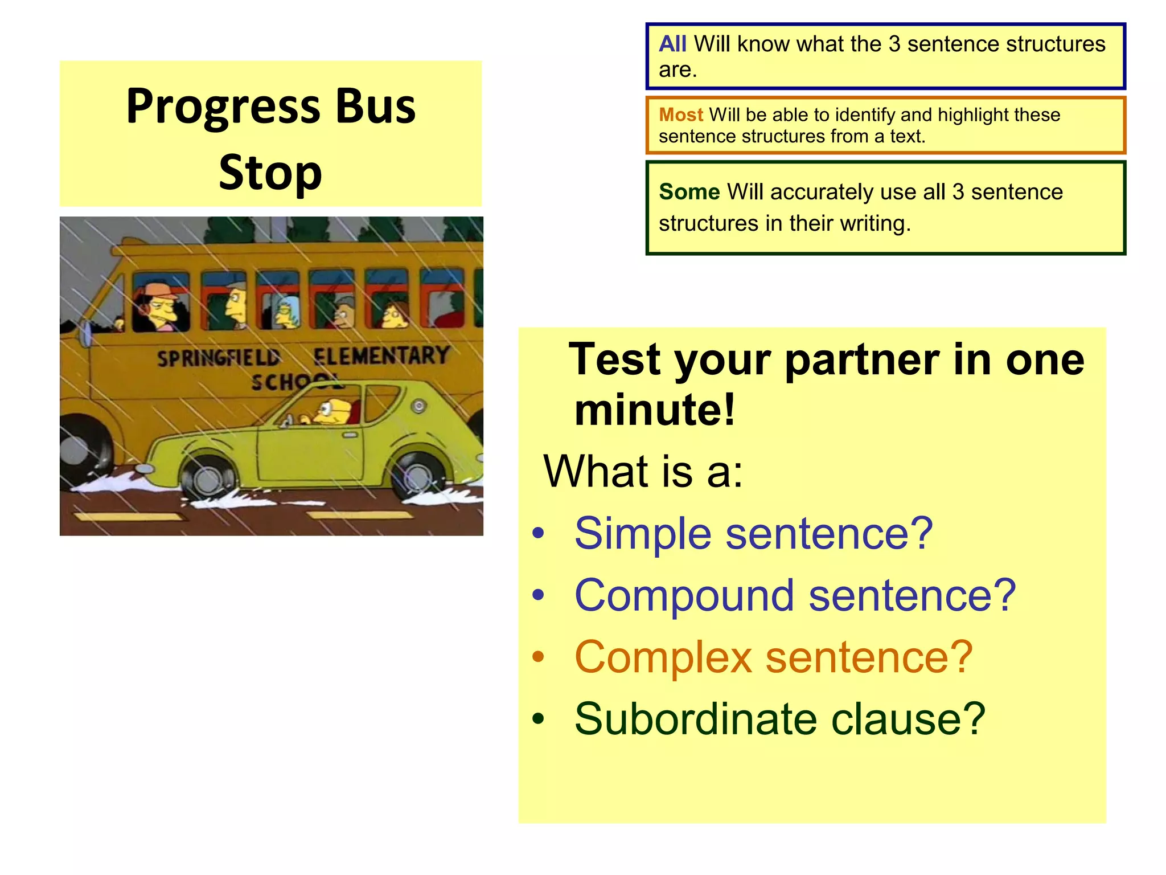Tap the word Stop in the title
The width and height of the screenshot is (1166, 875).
click(x=270, y=173)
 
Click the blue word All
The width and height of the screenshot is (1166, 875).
click(x=672, y=44)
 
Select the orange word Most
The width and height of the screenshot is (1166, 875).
click(x=681, y=115)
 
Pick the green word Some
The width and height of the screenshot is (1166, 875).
click(x=689, y=192)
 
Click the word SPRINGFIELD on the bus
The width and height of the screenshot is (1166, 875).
click(x=219, y=358)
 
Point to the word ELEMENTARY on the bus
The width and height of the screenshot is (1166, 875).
click(x=381, y=356)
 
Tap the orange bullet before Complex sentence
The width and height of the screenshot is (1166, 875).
click(x=538, y=657)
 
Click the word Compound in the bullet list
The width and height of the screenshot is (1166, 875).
click(x=684, y=595)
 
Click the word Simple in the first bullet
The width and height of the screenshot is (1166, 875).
click(x=643, y=534)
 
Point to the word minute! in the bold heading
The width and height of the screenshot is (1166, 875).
click(x=655, y=410)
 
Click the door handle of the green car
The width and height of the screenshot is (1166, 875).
click(x=350, y=435)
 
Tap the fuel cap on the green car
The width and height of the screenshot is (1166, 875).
click(x=419, y=406)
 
